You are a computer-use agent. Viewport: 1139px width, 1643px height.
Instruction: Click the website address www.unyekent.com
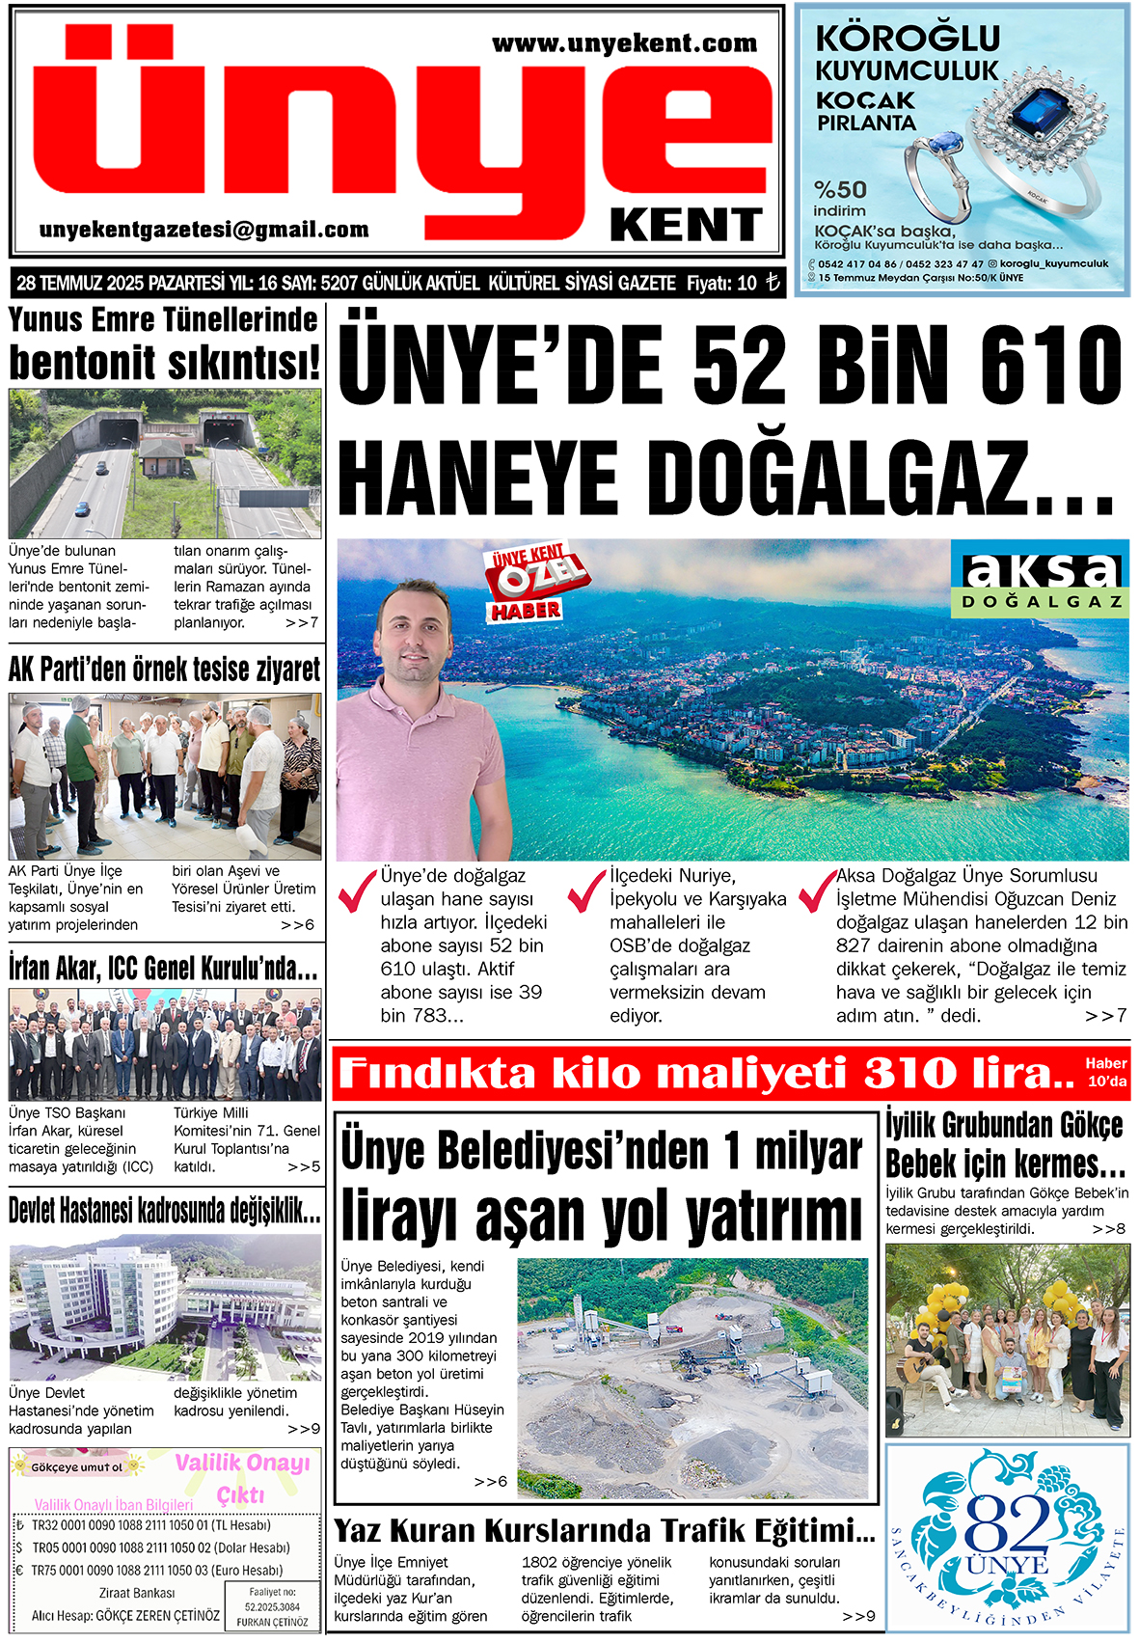click(x=624, y=43)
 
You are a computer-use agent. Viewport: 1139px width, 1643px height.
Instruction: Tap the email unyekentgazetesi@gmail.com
click(x=203, y=230)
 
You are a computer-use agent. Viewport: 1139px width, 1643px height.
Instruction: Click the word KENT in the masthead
click(x=686, y=226)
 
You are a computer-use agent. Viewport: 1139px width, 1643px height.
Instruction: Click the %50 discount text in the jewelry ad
click(x=840, y=189)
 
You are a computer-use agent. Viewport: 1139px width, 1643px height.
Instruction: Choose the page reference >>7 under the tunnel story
click(x=302, y=623)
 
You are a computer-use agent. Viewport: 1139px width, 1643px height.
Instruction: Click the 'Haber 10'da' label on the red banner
click(x=1105, y=1072)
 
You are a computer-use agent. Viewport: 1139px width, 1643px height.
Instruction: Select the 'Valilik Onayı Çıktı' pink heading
click(x=242, y=1477)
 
